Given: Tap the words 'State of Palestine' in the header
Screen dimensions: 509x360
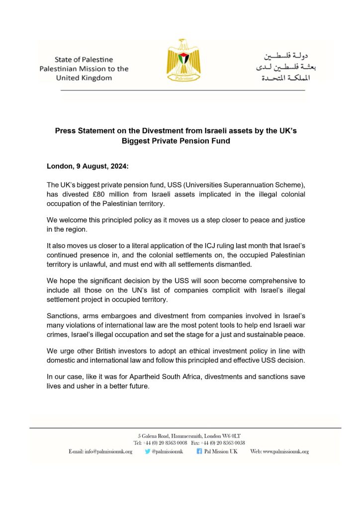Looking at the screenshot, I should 77,60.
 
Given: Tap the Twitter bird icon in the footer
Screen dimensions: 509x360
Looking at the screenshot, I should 147,451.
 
